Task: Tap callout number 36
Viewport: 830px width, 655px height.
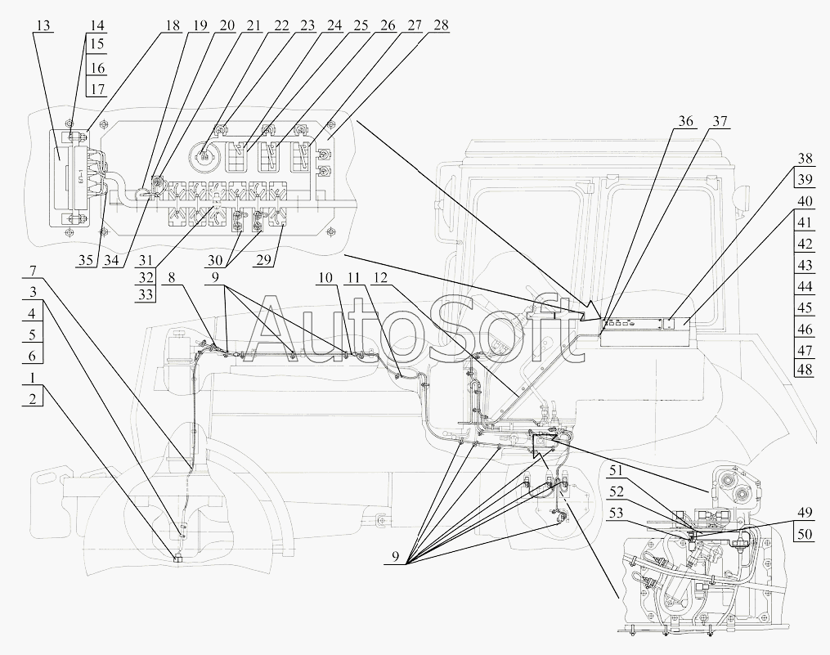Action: [685, 121]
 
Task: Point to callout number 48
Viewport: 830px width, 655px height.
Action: [804, 369]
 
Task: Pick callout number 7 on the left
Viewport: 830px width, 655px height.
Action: [33, 271]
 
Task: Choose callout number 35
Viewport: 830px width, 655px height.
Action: [86, 261]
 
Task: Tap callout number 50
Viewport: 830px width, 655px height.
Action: [804, 534]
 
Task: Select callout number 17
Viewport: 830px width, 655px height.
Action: [98, 89]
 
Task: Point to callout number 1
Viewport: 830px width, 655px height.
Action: [33, 378]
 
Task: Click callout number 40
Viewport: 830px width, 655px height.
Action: [804, 202]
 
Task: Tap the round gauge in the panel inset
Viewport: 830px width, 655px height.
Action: [204, 156]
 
